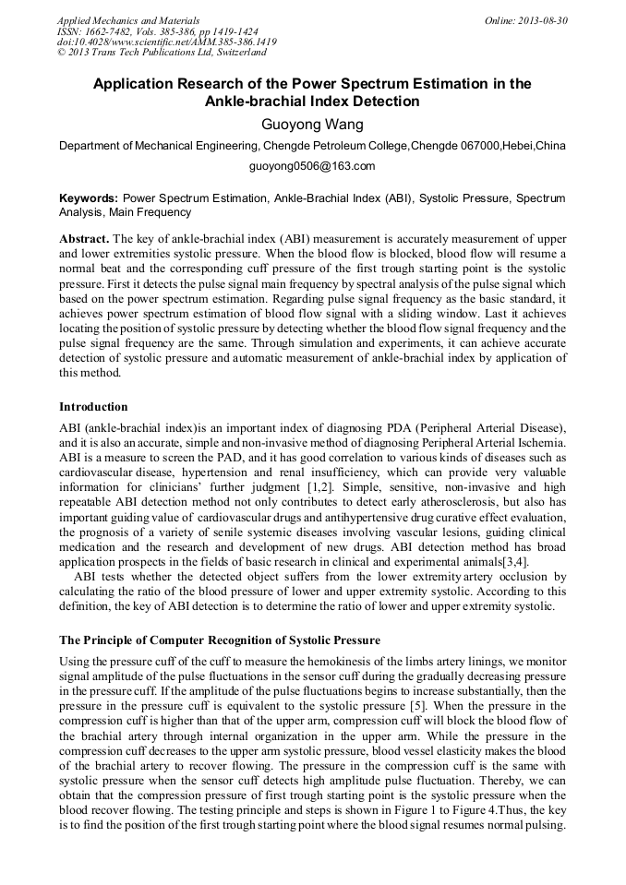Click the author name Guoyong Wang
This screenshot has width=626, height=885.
tap(312, 124)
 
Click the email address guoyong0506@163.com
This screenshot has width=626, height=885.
tap(312, 166)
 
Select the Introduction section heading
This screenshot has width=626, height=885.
tap(93, 407)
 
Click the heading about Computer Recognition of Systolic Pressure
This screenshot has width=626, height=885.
tap(219, 640)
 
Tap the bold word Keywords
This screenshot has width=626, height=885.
tap(88, 198)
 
